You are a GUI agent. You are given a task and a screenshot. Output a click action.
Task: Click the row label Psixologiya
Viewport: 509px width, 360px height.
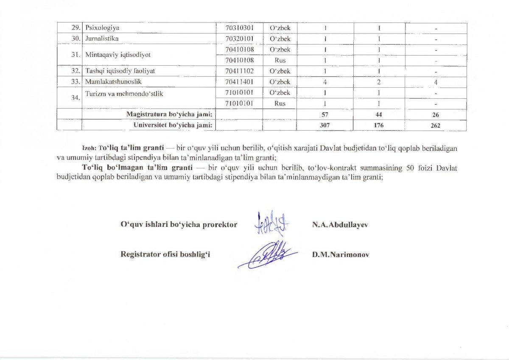coord(103,28)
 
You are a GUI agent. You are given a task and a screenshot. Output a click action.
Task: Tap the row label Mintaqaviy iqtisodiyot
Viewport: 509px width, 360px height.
coord(118,55)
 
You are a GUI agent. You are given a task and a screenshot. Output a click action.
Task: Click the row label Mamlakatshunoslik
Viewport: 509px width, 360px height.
coord(111,82)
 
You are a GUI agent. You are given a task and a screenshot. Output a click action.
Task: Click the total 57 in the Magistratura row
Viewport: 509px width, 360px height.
coord(325,114)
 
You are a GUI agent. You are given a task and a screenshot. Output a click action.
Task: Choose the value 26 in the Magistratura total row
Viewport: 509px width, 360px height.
coord(436,115)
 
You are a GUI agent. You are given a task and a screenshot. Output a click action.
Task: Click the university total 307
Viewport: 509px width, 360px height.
coord(325,126)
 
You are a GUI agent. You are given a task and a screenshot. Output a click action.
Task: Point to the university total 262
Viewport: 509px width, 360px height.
coord(436,126)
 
